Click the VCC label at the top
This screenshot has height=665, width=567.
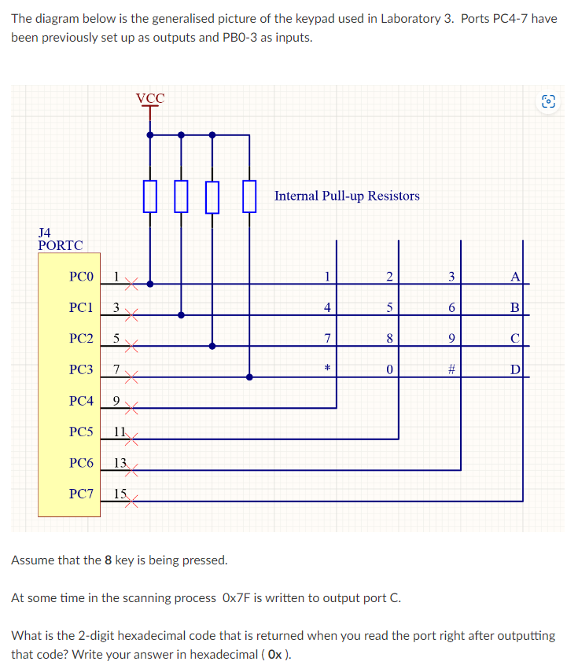[150, 98]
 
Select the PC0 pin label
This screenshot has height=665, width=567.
[81, 277]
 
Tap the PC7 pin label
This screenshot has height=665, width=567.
[81, 494]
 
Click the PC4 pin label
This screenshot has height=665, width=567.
[81, 401]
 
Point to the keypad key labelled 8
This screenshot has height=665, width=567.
[389, 338]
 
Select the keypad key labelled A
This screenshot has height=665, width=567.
[514, 276]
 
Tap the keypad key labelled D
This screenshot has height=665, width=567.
[514, 369]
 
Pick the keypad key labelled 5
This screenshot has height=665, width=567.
[389, 307]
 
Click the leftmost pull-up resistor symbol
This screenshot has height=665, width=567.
[150, 196]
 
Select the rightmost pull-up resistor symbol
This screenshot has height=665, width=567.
[249, 196]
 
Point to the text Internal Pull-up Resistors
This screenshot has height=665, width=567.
[347, 196]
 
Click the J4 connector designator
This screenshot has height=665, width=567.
[45, 233]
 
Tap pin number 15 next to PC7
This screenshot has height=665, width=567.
[120, 494]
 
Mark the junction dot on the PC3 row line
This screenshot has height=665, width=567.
[249, 377]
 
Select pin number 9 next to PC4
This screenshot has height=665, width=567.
[116, 401]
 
